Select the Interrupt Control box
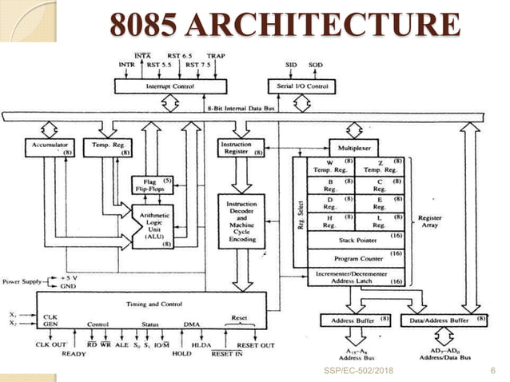(x=165, y=84)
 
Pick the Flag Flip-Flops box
(x=152, y=185)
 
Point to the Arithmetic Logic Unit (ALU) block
(x=152, y=226)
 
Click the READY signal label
(x=74, y=354)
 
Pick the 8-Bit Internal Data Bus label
(x=247, y=106)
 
